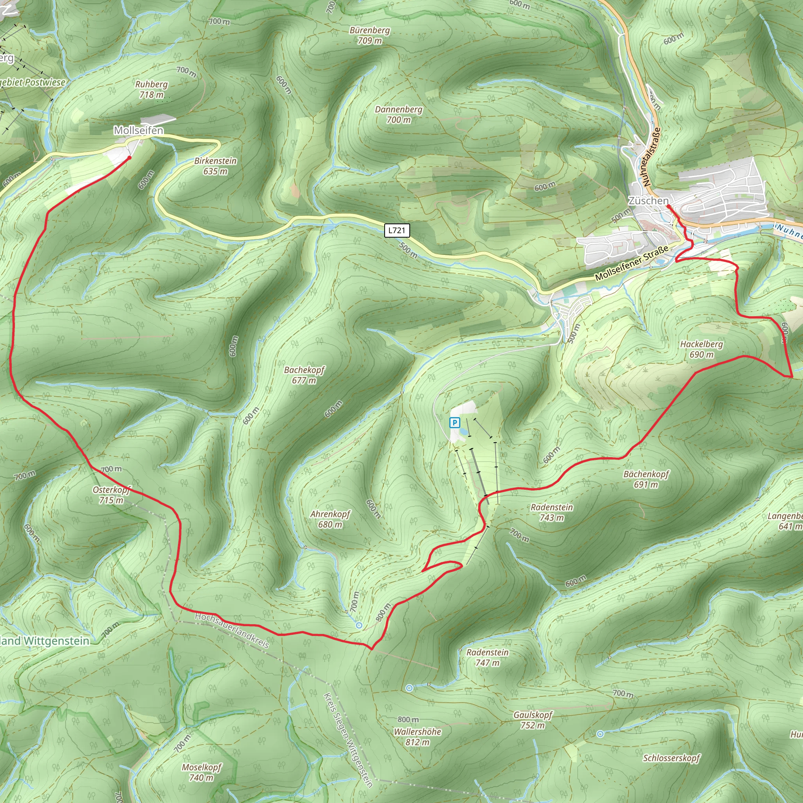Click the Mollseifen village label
point(138,131)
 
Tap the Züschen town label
point(648,201)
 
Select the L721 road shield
point(397,230)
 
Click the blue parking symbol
point(455,423)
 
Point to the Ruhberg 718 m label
point(151,89)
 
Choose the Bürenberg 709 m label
point(369,35)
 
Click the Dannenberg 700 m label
point(398,114)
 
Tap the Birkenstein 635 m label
point(215,166)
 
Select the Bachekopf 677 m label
point(304,375)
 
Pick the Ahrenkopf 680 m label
point(330,519)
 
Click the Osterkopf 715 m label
point(111,494)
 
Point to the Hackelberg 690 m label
point(701,349)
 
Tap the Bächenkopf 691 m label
point(646,479)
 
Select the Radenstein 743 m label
point(552,512)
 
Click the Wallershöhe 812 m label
point(417,736)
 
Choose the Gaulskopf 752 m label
point(532,720)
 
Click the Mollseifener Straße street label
point(631,263)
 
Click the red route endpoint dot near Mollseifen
point(129,158)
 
